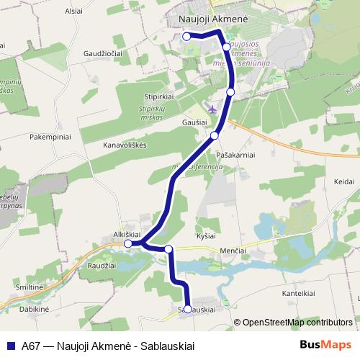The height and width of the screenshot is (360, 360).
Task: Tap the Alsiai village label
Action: (74, 12)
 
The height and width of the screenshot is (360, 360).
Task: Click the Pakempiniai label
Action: (50, 135)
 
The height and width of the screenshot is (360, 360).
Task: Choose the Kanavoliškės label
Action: (124, 144)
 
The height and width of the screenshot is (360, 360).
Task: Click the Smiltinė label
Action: (27, 287)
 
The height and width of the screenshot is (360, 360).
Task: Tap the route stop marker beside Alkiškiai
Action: (128, 244)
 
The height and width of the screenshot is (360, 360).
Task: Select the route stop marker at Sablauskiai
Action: (188, 309)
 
